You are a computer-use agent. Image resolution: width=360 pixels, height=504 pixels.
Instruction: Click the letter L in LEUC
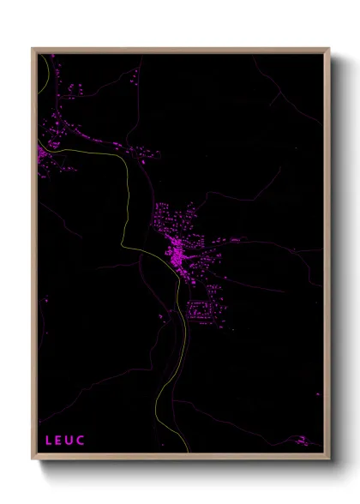[48, 441]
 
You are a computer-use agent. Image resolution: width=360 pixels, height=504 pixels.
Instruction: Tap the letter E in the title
[59, 441]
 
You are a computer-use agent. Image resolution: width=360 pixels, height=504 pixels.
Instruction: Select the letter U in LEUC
[70, 441]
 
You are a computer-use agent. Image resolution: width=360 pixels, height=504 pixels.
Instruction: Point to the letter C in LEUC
[82, 441]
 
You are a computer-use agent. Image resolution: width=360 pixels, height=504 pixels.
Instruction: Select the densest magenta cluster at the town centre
[179, 254]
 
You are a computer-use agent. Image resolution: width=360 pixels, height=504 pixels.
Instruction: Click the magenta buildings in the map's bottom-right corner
[302, 440]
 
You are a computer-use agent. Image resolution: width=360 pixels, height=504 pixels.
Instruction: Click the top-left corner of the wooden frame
[33, 49]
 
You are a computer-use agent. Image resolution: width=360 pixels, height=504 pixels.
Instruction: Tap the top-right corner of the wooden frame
[330, 49]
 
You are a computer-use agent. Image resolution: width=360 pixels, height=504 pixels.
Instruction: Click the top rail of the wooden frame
[180, 50]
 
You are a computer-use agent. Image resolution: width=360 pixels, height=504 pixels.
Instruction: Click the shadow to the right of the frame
[336, 257]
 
